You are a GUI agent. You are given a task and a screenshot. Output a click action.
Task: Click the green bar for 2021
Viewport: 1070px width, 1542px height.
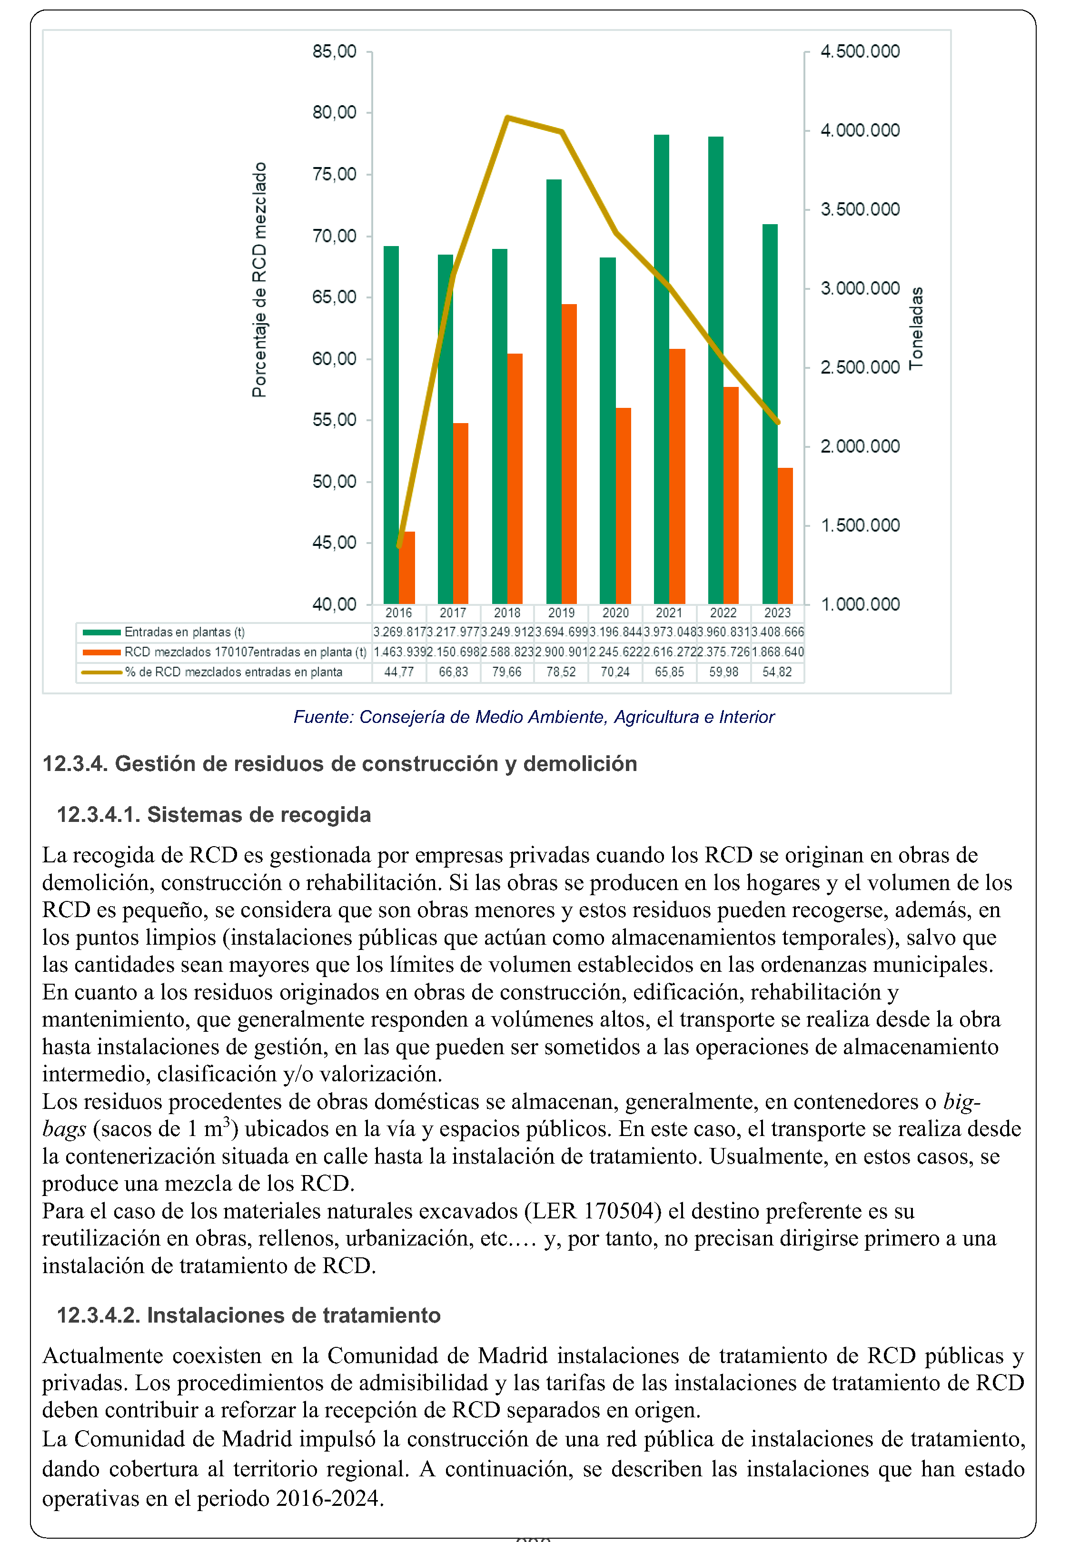(661, 368)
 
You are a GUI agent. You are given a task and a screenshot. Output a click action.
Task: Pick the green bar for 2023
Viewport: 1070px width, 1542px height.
(770, 414)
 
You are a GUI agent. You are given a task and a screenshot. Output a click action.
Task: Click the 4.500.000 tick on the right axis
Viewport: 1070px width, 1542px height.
(860, 51)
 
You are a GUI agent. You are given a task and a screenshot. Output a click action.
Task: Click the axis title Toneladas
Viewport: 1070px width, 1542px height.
(916, 328)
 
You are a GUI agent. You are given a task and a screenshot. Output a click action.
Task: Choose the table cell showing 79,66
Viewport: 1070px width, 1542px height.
(507, 672)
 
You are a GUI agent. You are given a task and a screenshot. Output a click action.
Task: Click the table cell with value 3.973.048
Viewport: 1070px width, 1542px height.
(669, 632)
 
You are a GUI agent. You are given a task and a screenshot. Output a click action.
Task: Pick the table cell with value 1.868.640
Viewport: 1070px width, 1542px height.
(778, 652)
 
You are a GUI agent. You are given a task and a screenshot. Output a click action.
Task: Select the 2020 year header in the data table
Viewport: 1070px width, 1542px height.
(615, 613)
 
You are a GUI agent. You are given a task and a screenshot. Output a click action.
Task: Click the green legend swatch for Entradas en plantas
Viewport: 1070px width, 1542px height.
(101, 632)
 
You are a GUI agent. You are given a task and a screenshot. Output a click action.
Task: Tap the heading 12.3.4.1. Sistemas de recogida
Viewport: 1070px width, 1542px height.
(214, 815)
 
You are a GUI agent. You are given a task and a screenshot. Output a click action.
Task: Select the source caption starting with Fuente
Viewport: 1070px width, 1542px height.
(534, 717)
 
